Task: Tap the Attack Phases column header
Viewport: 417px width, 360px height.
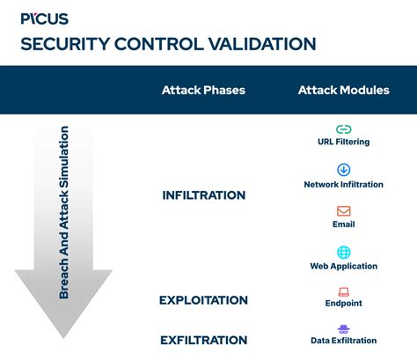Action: point(203,91)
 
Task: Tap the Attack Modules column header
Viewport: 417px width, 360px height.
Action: point(342,91)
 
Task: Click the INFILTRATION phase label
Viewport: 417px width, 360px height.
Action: point(203,195)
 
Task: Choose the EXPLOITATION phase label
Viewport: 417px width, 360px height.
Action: point(203,300)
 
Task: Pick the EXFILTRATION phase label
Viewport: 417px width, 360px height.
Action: point(203,340)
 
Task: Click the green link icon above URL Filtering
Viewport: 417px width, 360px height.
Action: point(343,129)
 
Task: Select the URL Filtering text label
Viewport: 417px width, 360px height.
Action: point(343,142)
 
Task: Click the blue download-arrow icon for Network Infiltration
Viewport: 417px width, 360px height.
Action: point(343,170)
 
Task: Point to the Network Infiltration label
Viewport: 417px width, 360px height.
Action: point(343,185)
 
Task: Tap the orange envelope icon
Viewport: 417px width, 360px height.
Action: point(343,211)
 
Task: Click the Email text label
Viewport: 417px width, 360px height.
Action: point(343,224)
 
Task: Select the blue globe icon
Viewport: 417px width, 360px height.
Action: point(343,252)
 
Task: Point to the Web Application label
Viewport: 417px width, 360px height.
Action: point(343,266)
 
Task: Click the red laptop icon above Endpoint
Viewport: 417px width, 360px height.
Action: point(343,291)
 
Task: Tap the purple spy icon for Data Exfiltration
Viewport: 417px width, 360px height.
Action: point(343,327)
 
